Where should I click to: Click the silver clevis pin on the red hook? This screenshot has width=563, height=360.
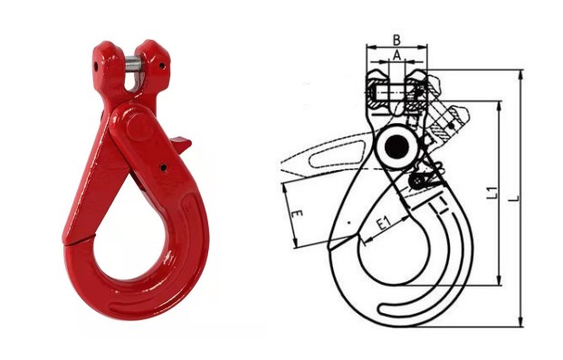coord(133,68)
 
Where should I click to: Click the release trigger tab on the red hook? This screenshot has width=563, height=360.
coord(185,142)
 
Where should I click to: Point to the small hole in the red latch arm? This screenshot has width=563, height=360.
coord(164,167)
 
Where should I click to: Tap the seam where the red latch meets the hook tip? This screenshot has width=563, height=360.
coord(87,236)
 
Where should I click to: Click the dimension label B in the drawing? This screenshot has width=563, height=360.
coord(396,39)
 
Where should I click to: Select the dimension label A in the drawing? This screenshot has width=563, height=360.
coord(396,54)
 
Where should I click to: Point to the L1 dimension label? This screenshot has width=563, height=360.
coord(491,192)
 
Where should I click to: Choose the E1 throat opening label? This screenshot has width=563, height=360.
coord(384,222)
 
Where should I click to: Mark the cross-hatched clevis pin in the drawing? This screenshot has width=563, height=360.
coord(395,90)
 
